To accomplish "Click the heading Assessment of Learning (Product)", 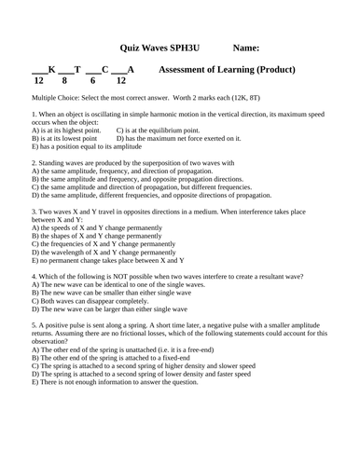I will pyautogui.click(x=228, y=70).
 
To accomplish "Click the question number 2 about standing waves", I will pyautogui.click(x=34, y=163).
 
